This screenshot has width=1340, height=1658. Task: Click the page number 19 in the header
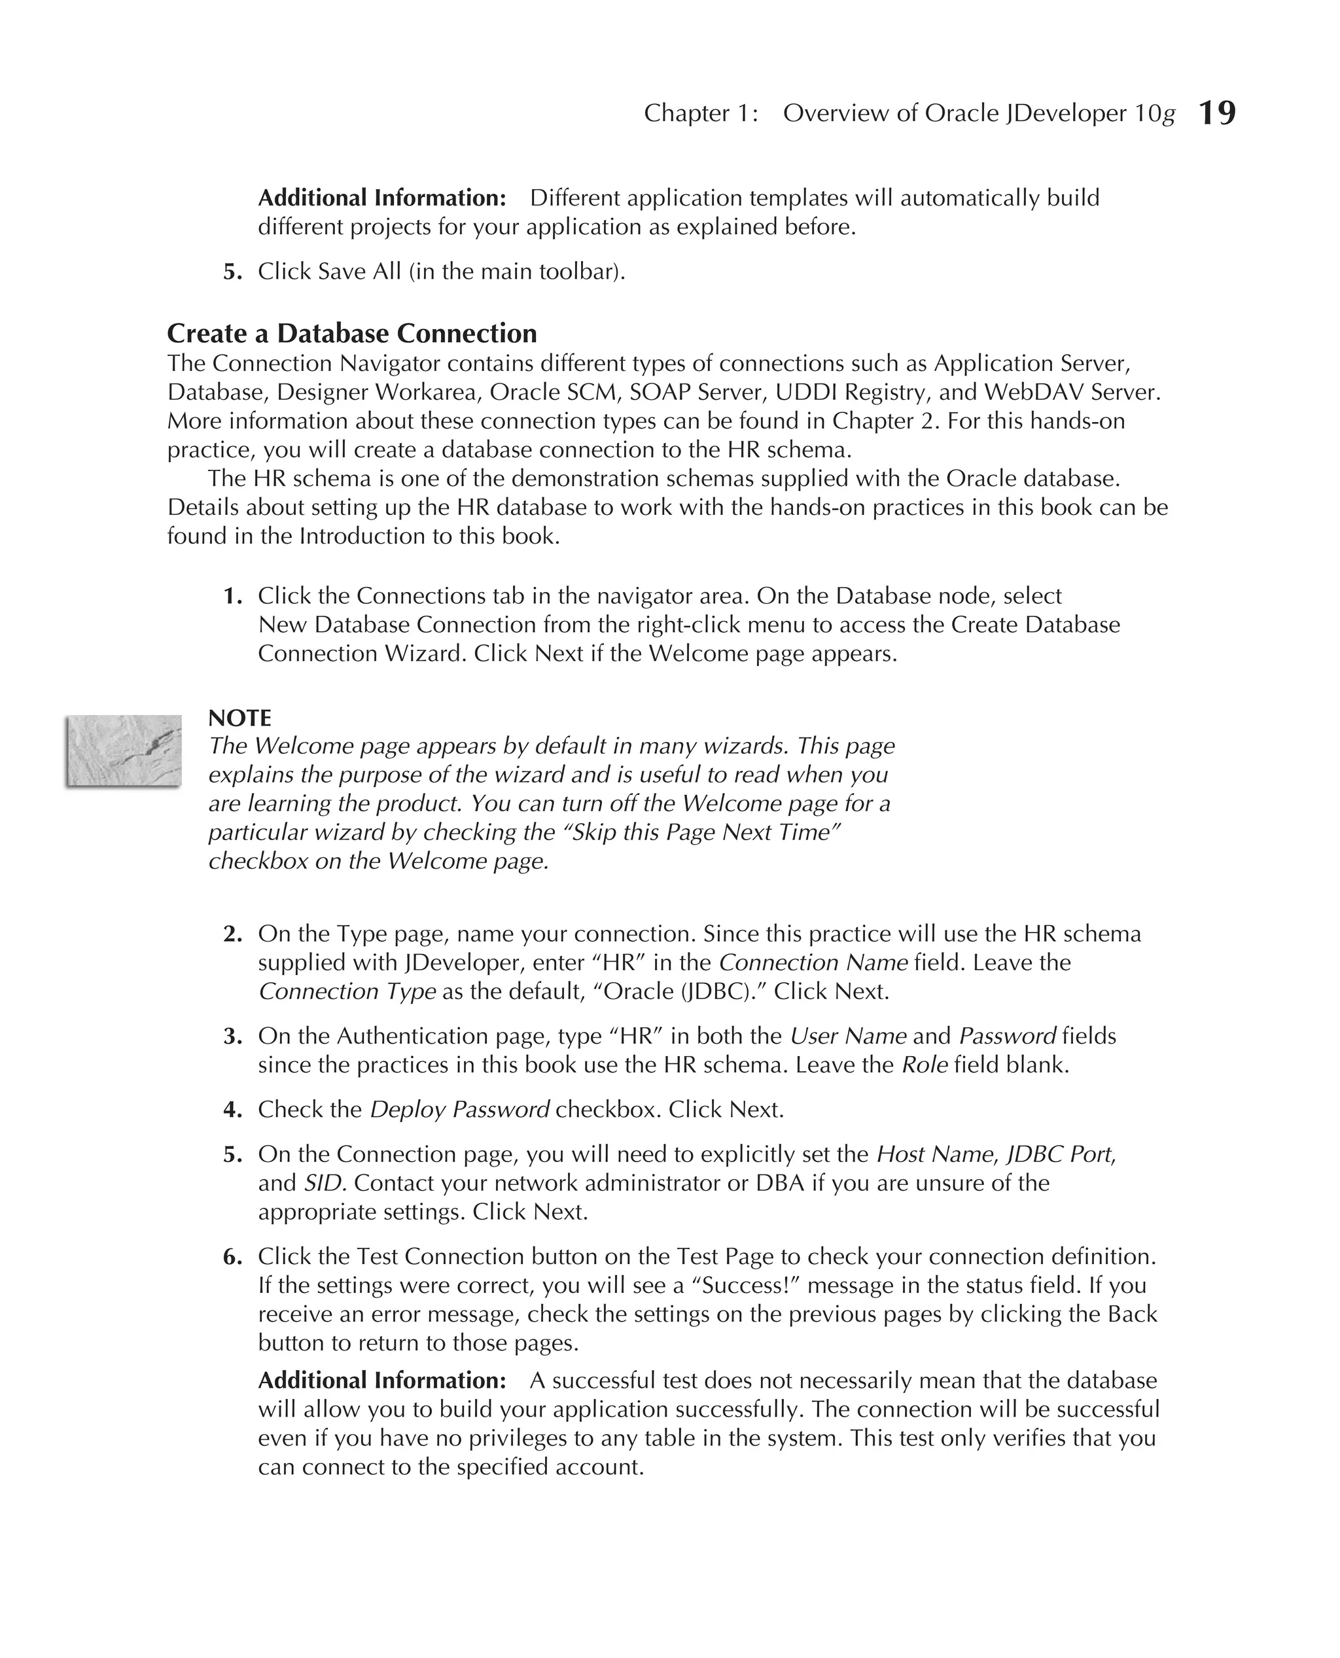coord(1216,113)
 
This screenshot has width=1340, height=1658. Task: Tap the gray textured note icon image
coord(124,750)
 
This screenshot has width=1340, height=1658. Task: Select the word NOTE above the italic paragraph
coord(239,718)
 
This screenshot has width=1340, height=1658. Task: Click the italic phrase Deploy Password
coord(459,1109)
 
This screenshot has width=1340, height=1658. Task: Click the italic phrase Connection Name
coord(813,962)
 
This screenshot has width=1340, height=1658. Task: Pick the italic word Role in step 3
coord(924,1065)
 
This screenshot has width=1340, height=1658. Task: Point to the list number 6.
coord(232,1257)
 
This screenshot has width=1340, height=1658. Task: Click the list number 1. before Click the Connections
coord(232,596)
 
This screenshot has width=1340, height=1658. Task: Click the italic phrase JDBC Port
coord(1059,1154)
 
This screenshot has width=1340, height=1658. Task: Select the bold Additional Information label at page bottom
coord(381,1380)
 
